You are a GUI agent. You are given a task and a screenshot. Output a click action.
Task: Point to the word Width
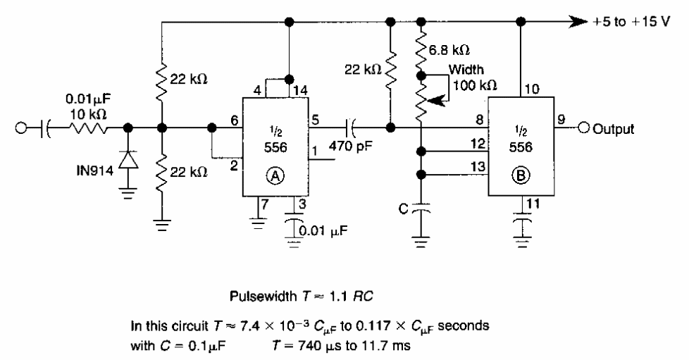coord(465,70)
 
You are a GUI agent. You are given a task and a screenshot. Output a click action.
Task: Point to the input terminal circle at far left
coord(23,129)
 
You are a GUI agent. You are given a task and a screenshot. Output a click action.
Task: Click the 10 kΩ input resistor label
coord(84,112)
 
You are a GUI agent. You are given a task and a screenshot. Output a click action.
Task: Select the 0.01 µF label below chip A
coord(323,228)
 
